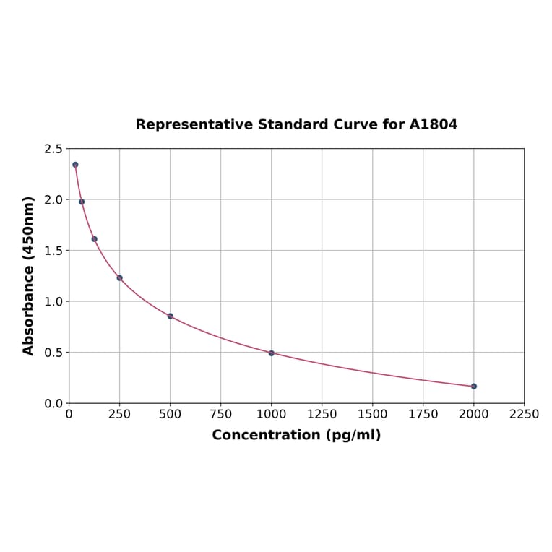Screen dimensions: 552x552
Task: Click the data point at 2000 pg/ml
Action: click(x=473, y=386)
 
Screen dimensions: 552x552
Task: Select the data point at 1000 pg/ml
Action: click(x=271, y=353)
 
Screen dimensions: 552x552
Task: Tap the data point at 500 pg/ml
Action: click(x=170, y=316)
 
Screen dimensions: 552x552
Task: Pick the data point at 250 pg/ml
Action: click(x=119, y=277)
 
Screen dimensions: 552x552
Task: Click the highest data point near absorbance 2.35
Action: click(x=75, y=165)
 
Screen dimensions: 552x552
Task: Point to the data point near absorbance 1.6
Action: click(x=94, y=238)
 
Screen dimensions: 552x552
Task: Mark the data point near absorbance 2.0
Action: click(x=82, y=202)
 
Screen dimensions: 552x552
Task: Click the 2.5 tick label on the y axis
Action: click(x=53, y=149)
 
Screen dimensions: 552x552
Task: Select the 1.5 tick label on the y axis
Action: click(x=53, y=251)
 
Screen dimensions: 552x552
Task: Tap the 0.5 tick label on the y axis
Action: click(x=53, y=353)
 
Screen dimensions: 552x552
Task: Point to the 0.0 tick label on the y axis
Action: click(x=53, y=403)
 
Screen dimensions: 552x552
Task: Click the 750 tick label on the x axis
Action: click(x=220, y=415)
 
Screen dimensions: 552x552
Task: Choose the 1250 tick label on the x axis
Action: click(x=322, y=415)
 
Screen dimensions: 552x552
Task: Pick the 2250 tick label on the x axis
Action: click(x=524, y=415)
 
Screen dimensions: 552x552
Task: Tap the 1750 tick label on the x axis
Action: click(x=423, y=415)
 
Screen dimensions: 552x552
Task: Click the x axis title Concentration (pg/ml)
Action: click(x=296, y=435)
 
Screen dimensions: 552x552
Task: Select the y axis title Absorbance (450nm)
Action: click(x=29, y=275)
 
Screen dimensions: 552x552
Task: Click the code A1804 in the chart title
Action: click(x=433, y=124)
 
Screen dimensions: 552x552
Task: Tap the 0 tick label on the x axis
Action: click(x=69, y=415)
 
